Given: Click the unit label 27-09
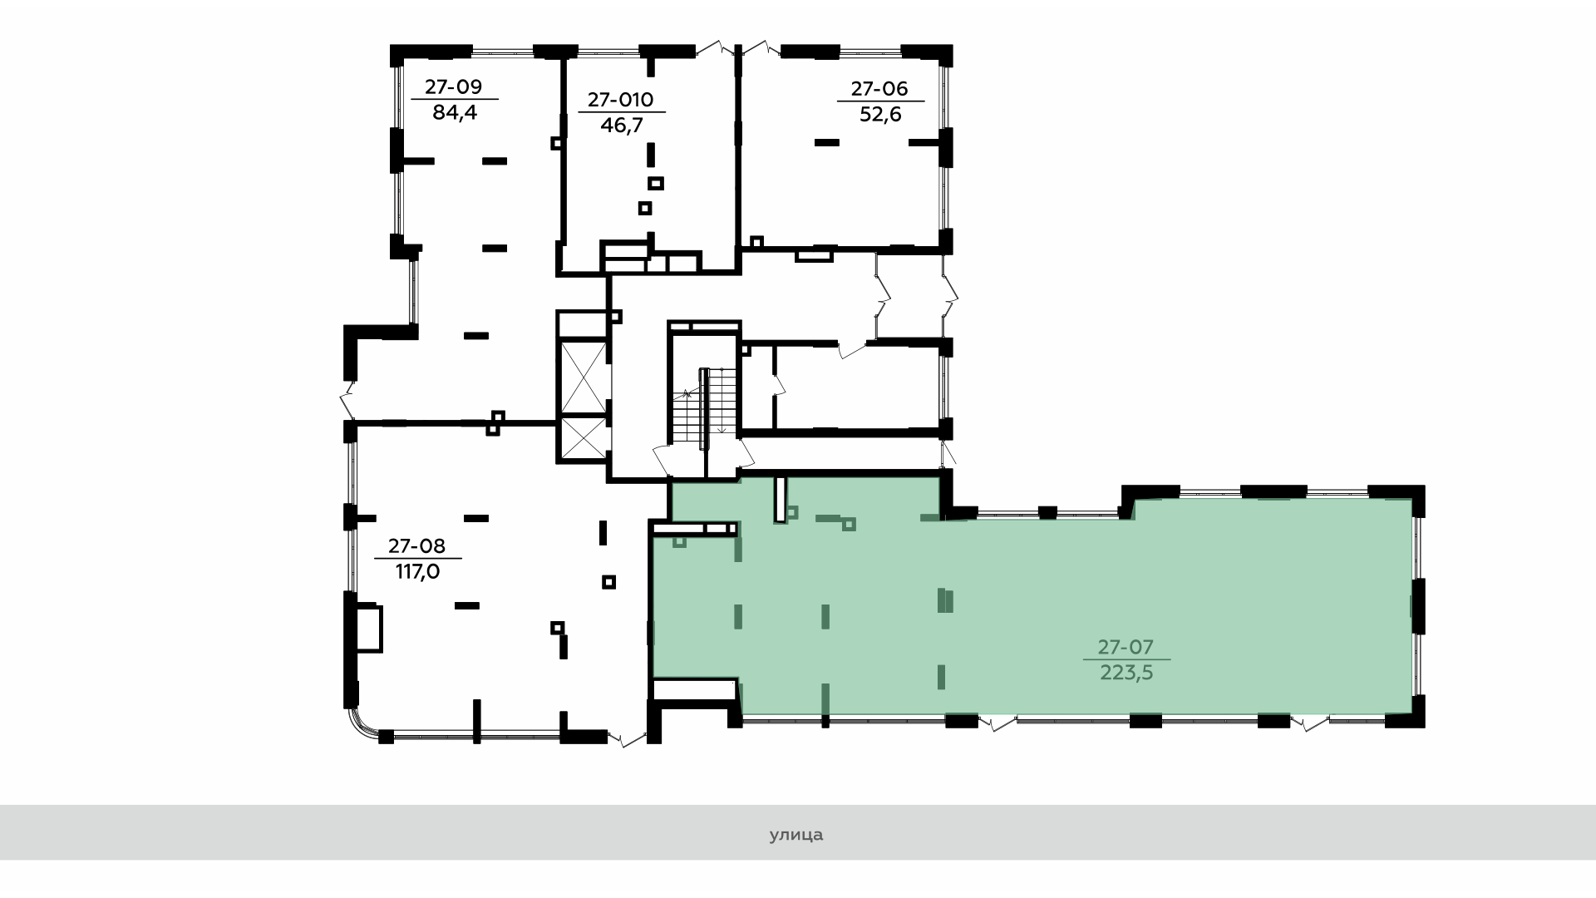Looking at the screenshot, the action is pyautogui.click(x=454, y=86).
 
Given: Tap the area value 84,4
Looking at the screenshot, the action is pyautogui.click(x=455, y=112).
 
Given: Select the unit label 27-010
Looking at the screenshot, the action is pyautogui.click(x=621, y=100).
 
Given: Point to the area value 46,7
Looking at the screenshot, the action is pyautogui.click(x=622, y=126).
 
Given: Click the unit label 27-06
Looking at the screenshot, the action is pyautogui.click(x=879, y=88).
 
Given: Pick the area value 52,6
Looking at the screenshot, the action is pyautogui.click(x=880, y=114).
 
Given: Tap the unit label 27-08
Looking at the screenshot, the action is pyautogui.click(x=416, y=546).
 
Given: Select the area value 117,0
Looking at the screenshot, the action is pyautogui.click(x=417, y=572).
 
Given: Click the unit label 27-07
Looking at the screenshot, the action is pyautogui.click(x=1126, y=647).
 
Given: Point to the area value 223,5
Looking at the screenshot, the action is pyautogui.click(x=1126, y=673).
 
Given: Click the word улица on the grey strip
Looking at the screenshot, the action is pyautogui.click(x=796, y=835).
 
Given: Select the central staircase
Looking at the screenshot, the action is pyautogui.click(x=704, y=407).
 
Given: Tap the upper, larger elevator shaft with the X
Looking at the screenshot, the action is pyautogui.click(x=584, y=377).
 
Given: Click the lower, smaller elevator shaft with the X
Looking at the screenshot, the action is pyautogui.click(x=584, y=438).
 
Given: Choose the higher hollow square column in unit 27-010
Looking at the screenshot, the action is pyautogui.click(x=657, y=184).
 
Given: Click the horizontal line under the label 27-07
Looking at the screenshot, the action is pyautogui.click(x=1126, y=660).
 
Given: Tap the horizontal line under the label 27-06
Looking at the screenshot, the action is pyautogui.click(x=880, y=101).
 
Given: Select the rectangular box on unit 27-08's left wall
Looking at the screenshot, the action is pyautogui.click(x=369, y=629).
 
